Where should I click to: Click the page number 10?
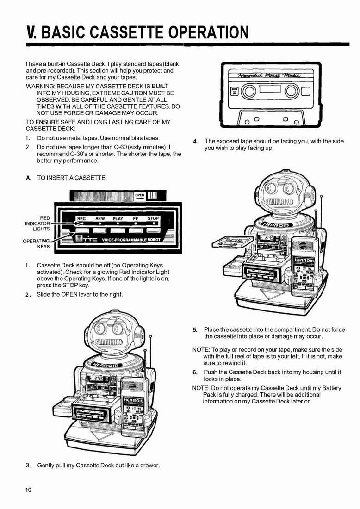(x=29, y=490)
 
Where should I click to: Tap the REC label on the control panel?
(x=81, y=219)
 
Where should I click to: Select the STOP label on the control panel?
(x=153, y=218)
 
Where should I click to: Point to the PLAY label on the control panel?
(x=118, y=219)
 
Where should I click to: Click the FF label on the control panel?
(x=136, y=219)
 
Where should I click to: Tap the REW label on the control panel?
(x=100, y=219)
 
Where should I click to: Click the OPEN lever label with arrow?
(x=140, y=197)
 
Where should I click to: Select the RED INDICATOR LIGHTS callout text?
(x=37, y=223)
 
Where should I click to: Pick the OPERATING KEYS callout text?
(x=37, y=243)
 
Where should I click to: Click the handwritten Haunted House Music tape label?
(x=269, y=75)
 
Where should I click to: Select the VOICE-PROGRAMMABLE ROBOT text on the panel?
(x=131, y=240)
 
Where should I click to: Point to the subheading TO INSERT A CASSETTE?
(x=72, y=178)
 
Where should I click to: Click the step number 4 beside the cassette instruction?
(x=195, y=142)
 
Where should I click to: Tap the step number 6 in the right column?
(x=195, y=372)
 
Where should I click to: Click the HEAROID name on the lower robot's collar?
(x=106, y=365)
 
